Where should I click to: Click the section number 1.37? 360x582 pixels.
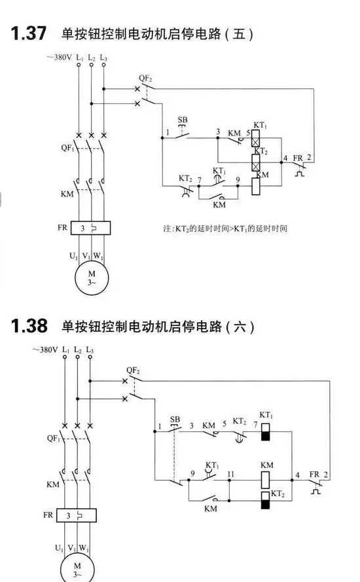pos(29,33)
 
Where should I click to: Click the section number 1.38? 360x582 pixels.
pos(29,326)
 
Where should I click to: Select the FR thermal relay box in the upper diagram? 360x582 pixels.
pos(90,228)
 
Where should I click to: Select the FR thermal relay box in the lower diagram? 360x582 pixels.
pos(77,515)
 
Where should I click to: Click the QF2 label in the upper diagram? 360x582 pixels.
pos(145,79)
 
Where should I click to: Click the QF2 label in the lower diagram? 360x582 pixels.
pos(133,371)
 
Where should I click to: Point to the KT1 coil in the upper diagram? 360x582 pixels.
pos(255,138)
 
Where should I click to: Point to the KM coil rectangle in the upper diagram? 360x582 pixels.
pos(256,187)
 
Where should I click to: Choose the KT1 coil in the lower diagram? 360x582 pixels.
pos(265,431)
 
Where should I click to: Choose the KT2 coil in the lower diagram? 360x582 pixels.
pos(265,500)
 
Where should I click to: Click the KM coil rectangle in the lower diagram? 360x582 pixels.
pos(265,480)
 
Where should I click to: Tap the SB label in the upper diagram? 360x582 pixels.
pos(183,120)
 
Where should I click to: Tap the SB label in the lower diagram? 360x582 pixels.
pos(175,420)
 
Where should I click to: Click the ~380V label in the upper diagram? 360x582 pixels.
pos(59,57)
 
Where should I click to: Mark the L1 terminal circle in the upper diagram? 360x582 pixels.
pos(79,65)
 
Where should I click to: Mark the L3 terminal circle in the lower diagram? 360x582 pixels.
pos(90,357)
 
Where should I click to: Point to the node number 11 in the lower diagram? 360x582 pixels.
pos(231,474)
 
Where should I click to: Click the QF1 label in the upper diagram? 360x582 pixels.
pos(68,148)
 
